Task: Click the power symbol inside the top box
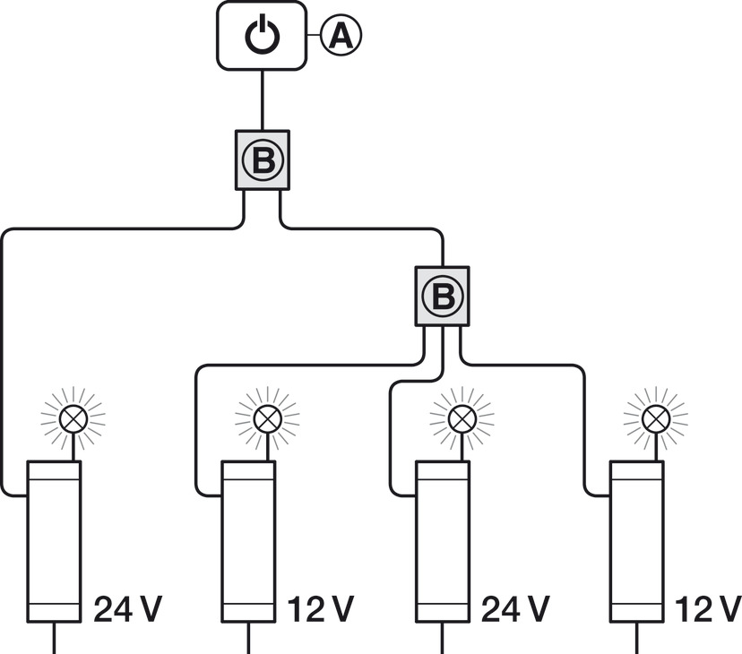point(262,36)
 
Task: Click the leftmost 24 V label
point(128,609)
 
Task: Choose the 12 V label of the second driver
point(321,609)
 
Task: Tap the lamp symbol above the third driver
point(461,417)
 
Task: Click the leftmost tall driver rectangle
point(54,542)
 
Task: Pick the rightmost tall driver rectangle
point(636,542)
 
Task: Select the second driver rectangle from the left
point(248,542)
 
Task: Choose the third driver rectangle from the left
point(443,542)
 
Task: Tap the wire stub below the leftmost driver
point(55,638)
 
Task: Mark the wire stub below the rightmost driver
point(637,638)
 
